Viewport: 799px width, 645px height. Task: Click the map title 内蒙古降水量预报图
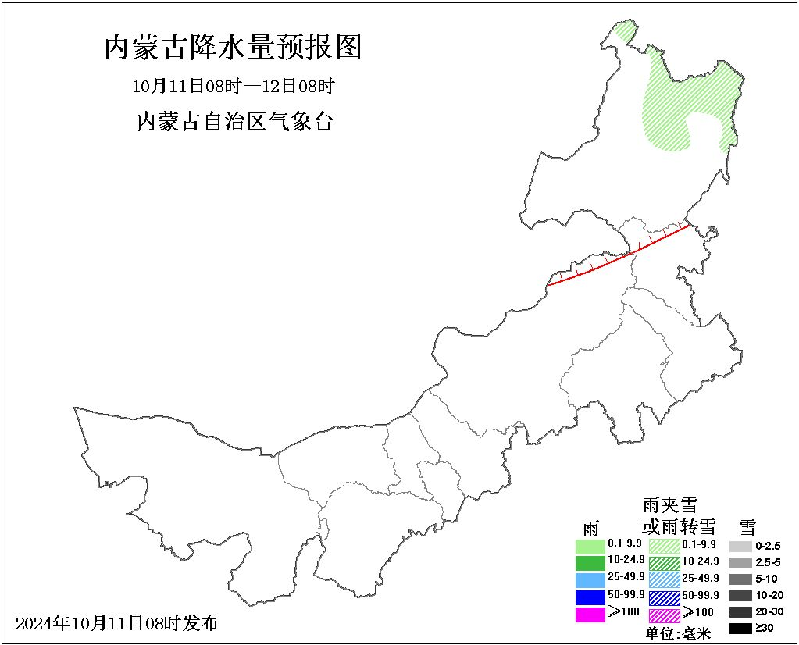233,48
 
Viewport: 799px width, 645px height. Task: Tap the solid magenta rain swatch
590,614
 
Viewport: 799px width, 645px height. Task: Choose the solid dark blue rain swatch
590,597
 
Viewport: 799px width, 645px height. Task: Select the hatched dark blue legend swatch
664,597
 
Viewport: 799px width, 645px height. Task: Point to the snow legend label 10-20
769,595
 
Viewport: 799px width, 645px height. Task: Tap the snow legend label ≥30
765,628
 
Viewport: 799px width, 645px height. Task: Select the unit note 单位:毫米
679,634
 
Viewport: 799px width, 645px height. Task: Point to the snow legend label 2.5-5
768,562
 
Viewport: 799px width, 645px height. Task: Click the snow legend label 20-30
769,611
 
